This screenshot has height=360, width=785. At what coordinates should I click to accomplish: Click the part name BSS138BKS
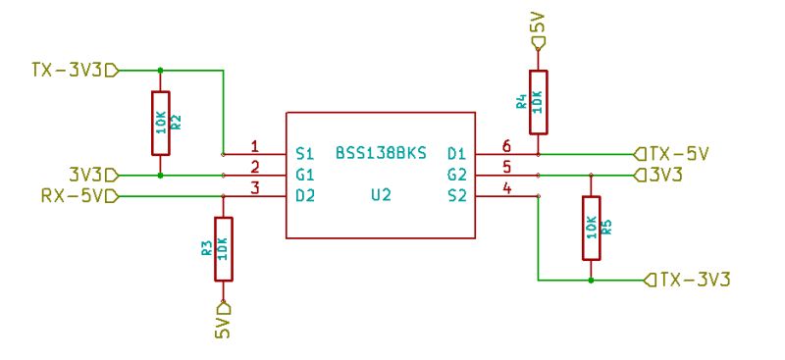[x=381, y=154]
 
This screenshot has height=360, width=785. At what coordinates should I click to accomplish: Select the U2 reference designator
[x=381, y=195]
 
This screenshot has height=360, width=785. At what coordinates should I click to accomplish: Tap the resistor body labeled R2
[x=160, y=123]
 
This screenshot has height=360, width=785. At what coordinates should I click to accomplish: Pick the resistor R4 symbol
[x=538, y=102]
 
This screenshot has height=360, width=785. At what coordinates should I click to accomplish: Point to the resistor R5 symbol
[x=591, y=227]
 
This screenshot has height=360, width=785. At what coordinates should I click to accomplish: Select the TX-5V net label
[x=678, y=154]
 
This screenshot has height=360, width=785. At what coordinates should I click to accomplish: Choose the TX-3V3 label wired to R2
[x=67, y=70]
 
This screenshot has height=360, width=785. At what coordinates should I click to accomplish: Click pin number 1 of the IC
[x=254, y=147]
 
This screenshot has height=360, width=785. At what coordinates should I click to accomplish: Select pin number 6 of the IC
[x=507, y=147]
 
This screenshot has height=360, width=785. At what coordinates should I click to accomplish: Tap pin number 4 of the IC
[x=507, y=188]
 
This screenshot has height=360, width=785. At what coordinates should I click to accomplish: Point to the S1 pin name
[x=304, y=154]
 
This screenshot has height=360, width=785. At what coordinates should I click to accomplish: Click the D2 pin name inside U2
[x=304, y=195]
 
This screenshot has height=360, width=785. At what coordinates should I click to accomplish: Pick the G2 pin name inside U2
[x=456, y=175]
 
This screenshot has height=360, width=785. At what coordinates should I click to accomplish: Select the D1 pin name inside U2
[x=456, y=154]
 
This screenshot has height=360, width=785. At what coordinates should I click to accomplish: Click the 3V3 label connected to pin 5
[x=665, y=175]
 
